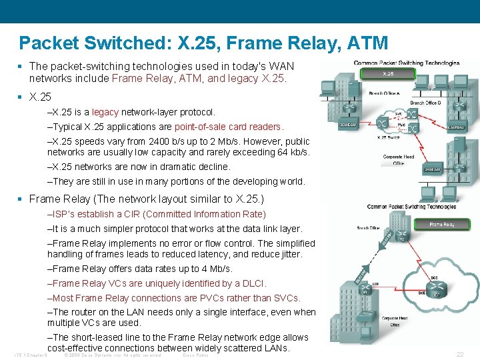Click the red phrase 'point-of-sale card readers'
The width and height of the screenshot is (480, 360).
tap(229, 127)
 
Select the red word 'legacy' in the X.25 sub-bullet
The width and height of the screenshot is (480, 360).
tap(105, 112)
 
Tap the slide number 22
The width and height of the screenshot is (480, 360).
tap(459, 355)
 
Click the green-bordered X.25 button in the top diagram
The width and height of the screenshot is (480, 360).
tap(388, 73)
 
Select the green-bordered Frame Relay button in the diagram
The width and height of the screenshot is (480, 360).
tap(443, 225)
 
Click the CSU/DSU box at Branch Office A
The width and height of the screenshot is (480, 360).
tap(347, 124)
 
